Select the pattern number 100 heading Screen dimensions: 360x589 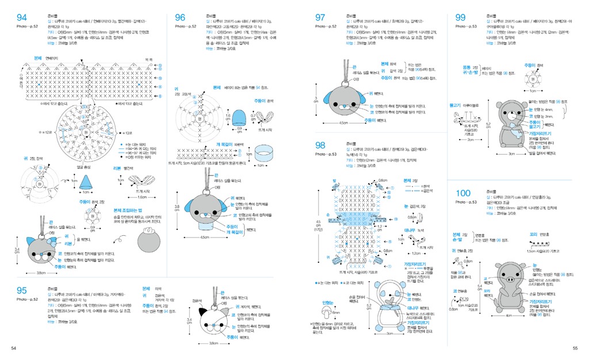pos(464,194)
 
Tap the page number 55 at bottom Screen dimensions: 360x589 pos(575,348)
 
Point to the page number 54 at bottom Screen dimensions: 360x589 pos(14,348)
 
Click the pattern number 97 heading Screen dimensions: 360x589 pos(320,17)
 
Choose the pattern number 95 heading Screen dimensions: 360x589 pos(22,290)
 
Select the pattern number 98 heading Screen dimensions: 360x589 pos(320,145)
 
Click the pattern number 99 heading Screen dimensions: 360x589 pos(460,17)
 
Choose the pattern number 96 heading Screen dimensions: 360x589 pos(180,17)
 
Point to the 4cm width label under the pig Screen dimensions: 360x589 pos(508,316)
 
